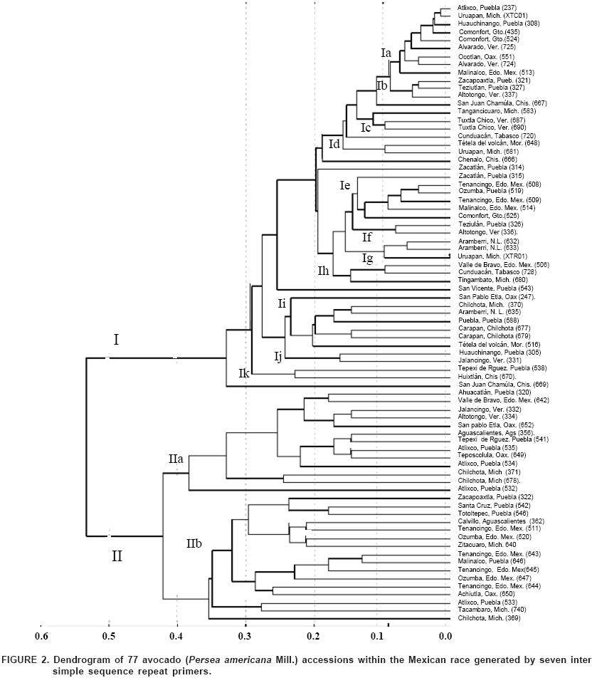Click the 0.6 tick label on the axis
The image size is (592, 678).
(x=42, y=635)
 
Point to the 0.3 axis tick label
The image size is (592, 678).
(x=245, y=635)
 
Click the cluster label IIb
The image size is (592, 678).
(x=194, y=544)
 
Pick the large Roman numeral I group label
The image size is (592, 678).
(x=116, y=340)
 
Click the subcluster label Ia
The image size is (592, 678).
(x=386, y=53)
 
